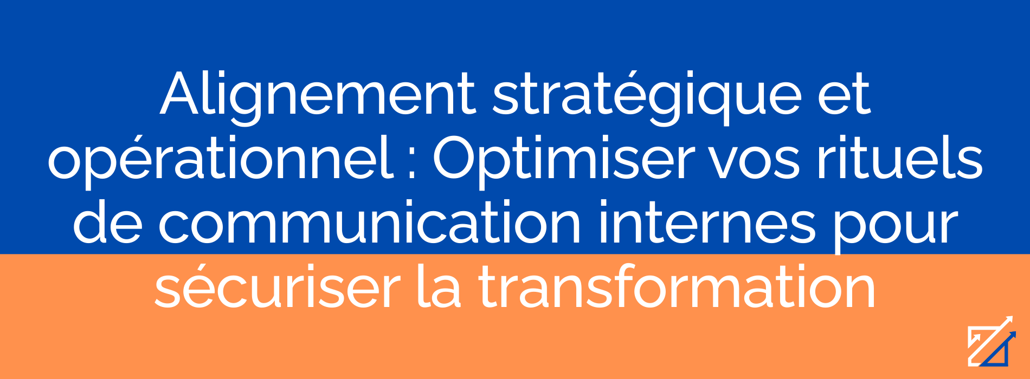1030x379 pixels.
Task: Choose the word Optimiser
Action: click(x=563, y=161)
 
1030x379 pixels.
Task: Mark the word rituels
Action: click(x=900, y=159)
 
